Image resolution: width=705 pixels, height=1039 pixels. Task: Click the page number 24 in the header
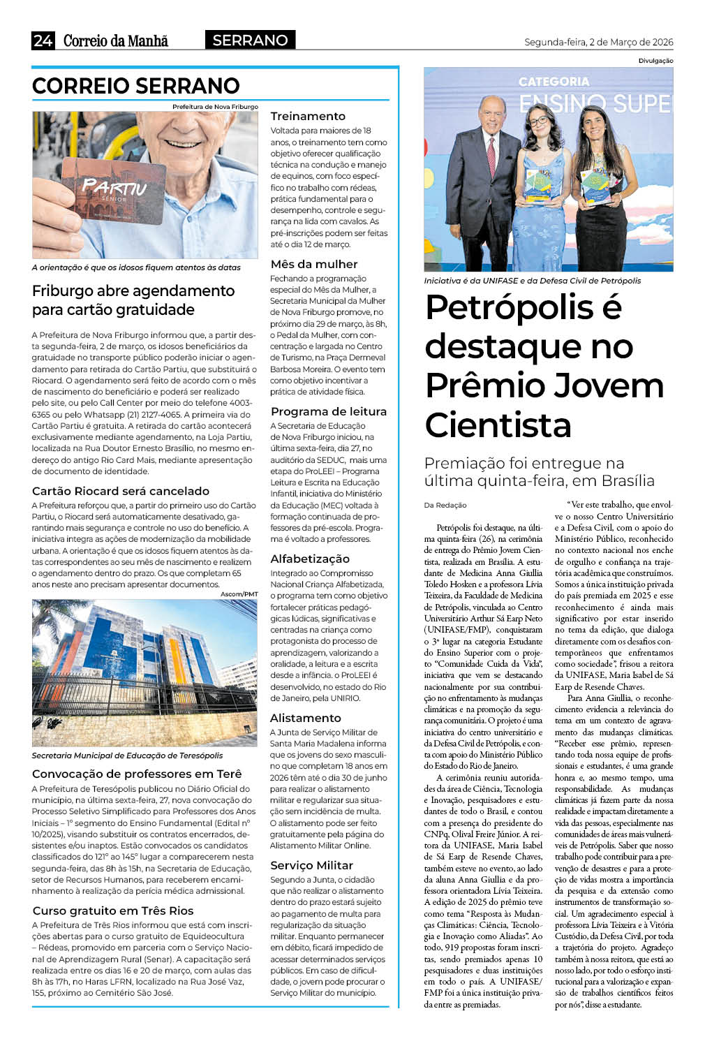click(x=43, y=40)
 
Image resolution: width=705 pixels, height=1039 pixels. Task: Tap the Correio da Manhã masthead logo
click(x=116, y=40)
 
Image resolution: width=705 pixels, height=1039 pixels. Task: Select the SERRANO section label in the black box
click(x=250, y=40)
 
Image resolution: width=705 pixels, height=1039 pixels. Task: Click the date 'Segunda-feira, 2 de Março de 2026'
click(x=598, y=42)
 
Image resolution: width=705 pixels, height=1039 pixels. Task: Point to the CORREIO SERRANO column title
click(x=136, y=86)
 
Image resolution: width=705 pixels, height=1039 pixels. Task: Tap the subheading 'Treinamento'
click(x=308, y=116)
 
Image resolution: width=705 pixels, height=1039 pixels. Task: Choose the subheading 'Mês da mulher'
click(x=314, y=264)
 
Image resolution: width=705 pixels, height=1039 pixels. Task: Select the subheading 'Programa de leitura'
click(x=328, y=411)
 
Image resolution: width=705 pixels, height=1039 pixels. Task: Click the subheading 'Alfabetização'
click(x=310, y=559)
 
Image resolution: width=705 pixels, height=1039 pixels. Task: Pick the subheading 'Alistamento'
click(x=306, y=718)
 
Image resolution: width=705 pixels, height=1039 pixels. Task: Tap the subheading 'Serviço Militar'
click(x=311, y=865)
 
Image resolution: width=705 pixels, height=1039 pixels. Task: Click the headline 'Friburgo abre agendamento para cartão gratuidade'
click(x=133, y=300)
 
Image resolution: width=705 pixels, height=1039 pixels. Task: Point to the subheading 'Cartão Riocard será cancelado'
click(x=121, y=491)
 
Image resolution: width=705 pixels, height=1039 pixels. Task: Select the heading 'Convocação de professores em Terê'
click(x=137, y=774)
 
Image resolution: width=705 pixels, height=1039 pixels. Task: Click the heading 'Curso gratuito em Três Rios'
click(x=113, y=911)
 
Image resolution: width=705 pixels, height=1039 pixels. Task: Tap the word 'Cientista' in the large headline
click(x=498, y=425)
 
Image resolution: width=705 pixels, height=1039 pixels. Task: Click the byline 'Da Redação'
click(x=445, y=505)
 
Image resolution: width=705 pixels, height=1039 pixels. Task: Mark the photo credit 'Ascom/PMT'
click(x=239, y=594)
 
